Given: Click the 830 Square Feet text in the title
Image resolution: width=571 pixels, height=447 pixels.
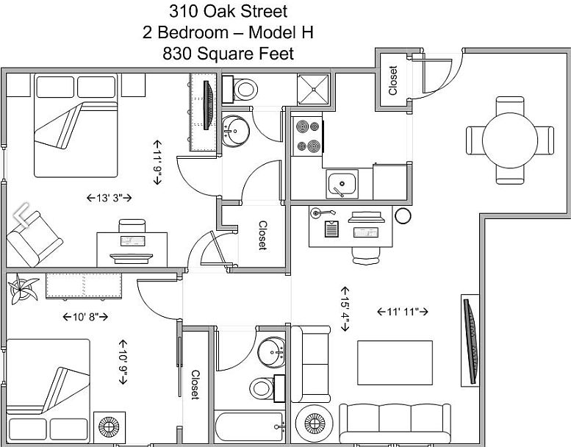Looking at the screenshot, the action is pos(228,54).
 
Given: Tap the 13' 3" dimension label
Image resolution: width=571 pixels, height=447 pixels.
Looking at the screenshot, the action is pos(109,198).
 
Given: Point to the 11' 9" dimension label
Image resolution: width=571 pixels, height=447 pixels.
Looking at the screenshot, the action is pos(157,162).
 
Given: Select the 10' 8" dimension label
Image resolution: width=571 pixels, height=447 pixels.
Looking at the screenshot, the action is pos(85,317).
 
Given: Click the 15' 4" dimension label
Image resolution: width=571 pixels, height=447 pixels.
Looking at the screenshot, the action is pos(345,309).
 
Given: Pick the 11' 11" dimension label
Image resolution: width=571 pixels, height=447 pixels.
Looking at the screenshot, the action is pos(403,312).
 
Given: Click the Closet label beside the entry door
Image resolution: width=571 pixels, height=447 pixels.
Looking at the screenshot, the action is pos(392,81).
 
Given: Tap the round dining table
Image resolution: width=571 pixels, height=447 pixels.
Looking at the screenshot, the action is pos(510,140).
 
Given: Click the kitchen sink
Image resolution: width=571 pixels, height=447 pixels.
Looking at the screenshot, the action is pos(342,184).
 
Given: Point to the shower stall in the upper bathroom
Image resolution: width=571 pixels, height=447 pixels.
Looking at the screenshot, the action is pos(314,89).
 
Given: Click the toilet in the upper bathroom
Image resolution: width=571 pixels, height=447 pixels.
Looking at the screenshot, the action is pos(240,89).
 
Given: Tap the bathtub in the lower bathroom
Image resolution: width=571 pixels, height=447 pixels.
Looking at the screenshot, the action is pos(249,426).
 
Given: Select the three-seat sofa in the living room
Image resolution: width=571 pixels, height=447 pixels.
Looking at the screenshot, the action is pos(395,423).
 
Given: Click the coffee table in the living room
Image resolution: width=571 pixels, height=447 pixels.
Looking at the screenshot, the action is pos(395,363).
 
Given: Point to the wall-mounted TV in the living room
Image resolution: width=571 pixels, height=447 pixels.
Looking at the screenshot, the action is pos(470,340).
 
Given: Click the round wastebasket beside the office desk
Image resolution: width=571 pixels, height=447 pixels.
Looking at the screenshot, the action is pos(403,215).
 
